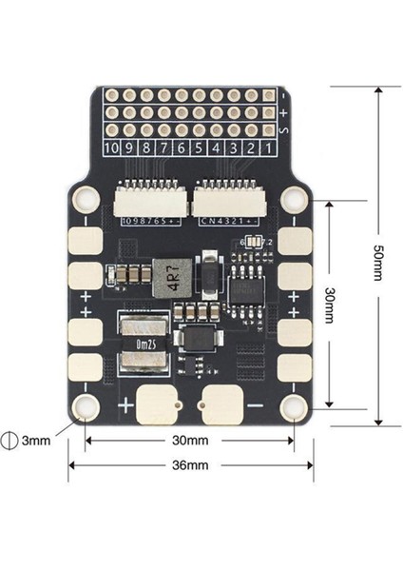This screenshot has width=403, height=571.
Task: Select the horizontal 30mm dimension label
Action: coord(190,441)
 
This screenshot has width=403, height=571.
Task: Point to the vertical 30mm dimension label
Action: coord(331,305)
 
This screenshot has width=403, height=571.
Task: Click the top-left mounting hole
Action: coord(86,199)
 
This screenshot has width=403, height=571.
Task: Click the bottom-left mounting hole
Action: coord(86,408)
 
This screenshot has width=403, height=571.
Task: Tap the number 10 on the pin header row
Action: coord(113,148)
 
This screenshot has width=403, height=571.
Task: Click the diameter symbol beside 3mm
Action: coord(11,441)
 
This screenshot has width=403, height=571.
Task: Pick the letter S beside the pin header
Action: coord(285,129)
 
